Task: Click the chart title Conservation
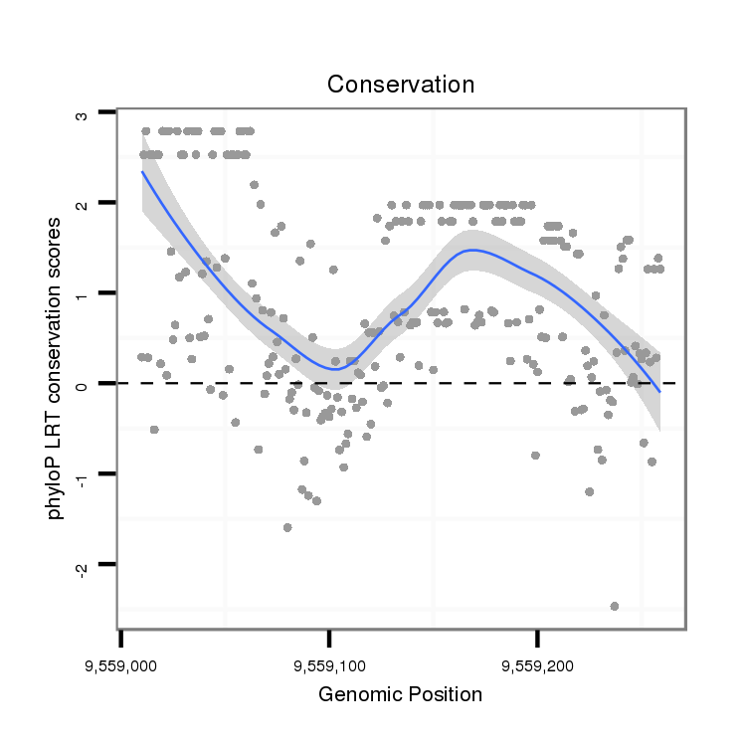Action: pyautogui.click(x=401, y=84)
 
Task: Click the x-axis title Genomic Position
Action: pyautogui.click(x=401, y=694)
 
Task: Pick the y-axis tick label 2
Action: pyautogui.click(x=83, y=203)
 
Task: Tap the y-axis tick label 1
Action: pyautogui.click(x=83, y=293)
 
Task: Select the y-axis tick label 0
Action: pyautogui.click(x=83, y=384)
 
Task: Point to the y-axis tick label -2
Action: pyautogui.click(x=83, y=565)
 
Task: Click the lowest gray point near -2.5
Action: pyautogui.click(x=615, y=606)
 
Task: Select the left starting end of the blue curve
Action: pyautogui.click(x=142, y=171)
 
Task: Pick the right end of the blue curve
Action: pyautogui.click(x=658, y=392)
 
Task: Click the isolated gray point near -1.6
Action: pyautogui.click(x=287, y=527)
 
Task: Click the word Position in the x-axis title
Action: pyautogui.click(x=444, y=694)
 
